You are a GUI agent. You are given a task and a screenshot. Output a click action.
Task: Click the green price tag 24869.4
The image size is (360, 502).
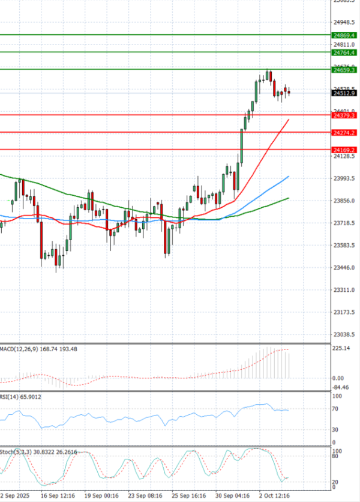tap(344, 35)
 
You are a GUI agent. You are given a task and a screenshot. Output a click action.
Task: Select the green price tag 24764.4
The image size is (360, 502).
tap(344, 53)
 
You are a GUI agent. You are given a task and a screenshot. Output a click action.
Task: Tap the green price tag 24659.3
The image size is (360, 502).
tap(344, 70)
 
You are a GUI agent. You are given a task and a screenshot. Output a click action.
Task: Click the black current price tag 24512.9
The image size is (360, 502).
tap(344, 93)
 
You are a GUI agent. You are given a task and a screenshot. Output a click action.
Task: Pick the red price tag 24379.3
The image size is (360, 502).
tap(344, 115)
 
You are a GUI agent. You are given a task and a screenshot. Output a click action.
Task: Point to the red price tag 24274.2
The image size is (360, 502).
tap(344, 132)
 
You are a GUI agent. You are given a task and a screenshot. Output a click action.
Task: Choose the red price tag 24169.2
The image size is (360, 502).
tap(344, 150)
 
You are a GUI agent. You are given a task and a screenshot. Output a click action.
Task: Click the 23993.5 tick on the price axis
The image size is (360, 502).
tap(344, 178)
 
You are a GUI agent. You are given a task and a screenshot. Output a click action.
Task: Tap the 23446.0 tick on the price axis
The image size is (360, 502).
tap(344, 268)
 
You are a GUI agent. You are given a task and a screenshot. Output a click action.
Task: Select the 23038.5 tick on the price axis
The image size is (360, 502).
tap(344, 334)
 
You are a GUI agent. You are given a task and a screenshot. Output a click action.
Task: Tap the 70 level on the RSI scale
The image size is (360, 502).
tap(336, 409)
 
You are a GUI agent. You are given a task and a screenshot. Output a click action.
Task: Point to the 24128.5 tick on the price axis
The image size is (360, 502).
tap(344, 156)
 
